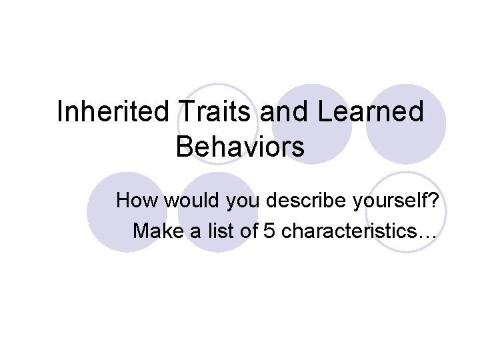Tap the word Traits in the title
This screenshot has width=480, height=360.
215,112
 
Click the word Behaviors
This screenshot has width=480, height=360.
240,147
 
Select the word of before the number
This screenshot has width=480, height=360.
247,231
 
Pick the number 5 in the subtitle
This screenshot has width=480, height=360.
269,231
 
